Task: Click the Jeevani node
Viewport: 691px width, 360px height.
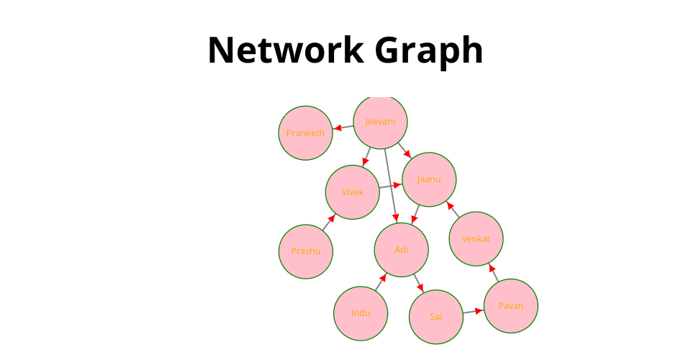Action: [x=380, y=122]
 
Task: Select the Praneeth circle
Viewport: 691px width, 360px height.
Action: [x=306, y=132]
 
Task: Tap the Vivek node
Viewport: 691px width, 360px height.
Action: [x=353, y=192]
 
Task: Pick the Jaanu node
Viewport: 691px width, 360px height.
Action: [x=429, y=179]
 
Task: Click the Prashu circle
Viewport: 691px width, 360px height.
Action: [x=306, y=251]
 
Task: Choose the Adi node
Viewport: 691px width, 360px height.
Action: [x=402, y=250]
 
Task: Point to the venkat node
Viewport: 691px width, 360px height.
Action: [x=476, y=238]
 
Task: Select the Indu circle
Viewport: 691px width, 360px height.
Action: [x=361, y=313]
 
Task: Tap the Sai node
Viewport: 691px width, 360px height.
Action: [x=436, y=317]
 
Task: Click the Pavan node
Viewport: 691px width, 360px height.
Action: [x=510, y=306]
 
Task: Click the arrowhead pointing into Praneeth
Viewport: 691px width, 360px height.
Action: [x=337, y=129]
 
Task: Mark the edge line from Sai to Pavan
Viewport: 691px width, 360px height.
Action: [x=471, y=312]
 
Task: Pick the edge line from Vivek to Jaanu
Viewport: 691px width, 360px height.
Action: [x=389, y=186]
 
